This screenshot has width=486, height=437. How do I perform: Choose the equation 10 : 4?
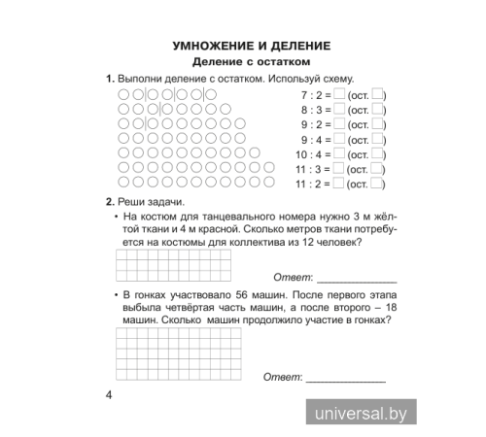pos(311,153)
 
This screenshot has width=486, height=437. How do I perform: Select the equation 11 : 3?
pos(311,168)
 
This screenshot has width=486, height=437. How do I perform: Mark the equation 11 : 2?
pos(311,183)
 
